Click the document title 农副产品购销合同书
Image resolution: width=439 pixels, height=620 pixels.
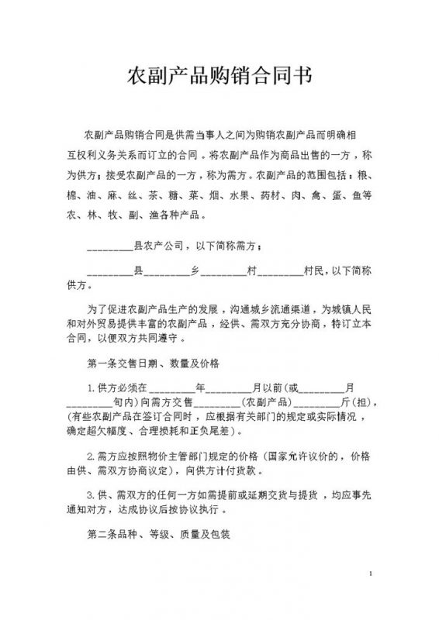click(220, 75)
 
